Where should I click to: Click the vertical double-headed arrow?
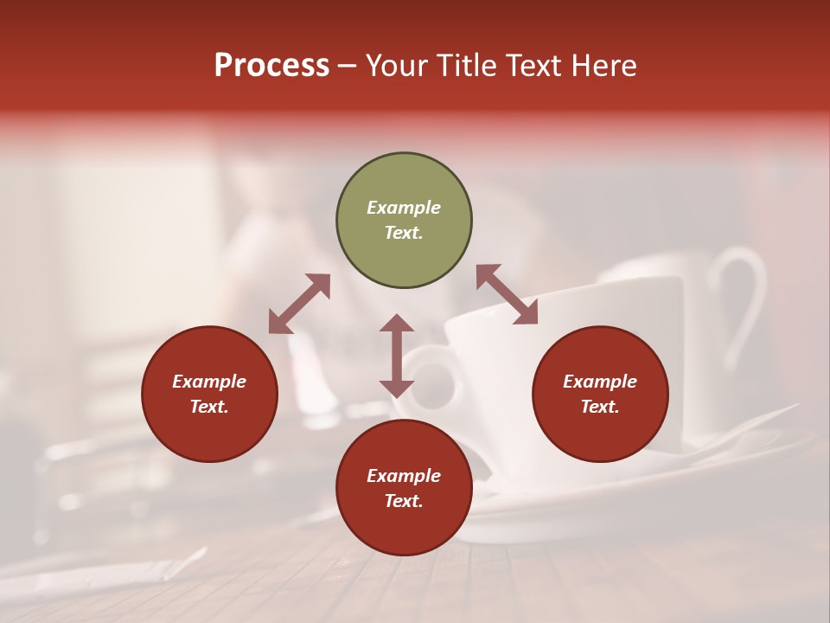397,356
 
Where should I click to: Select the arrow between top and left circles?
299,304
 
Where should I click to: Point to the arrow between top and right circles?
507,294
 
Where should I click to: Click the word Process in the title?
271,66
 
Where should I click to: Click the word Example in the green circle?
404,208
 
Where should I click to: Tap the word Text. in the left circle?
209,407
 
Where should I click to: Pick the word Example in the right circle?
600,382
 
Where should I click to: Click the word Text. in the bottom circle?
404,501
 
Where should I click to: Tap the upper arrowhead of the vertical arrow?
397,324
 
